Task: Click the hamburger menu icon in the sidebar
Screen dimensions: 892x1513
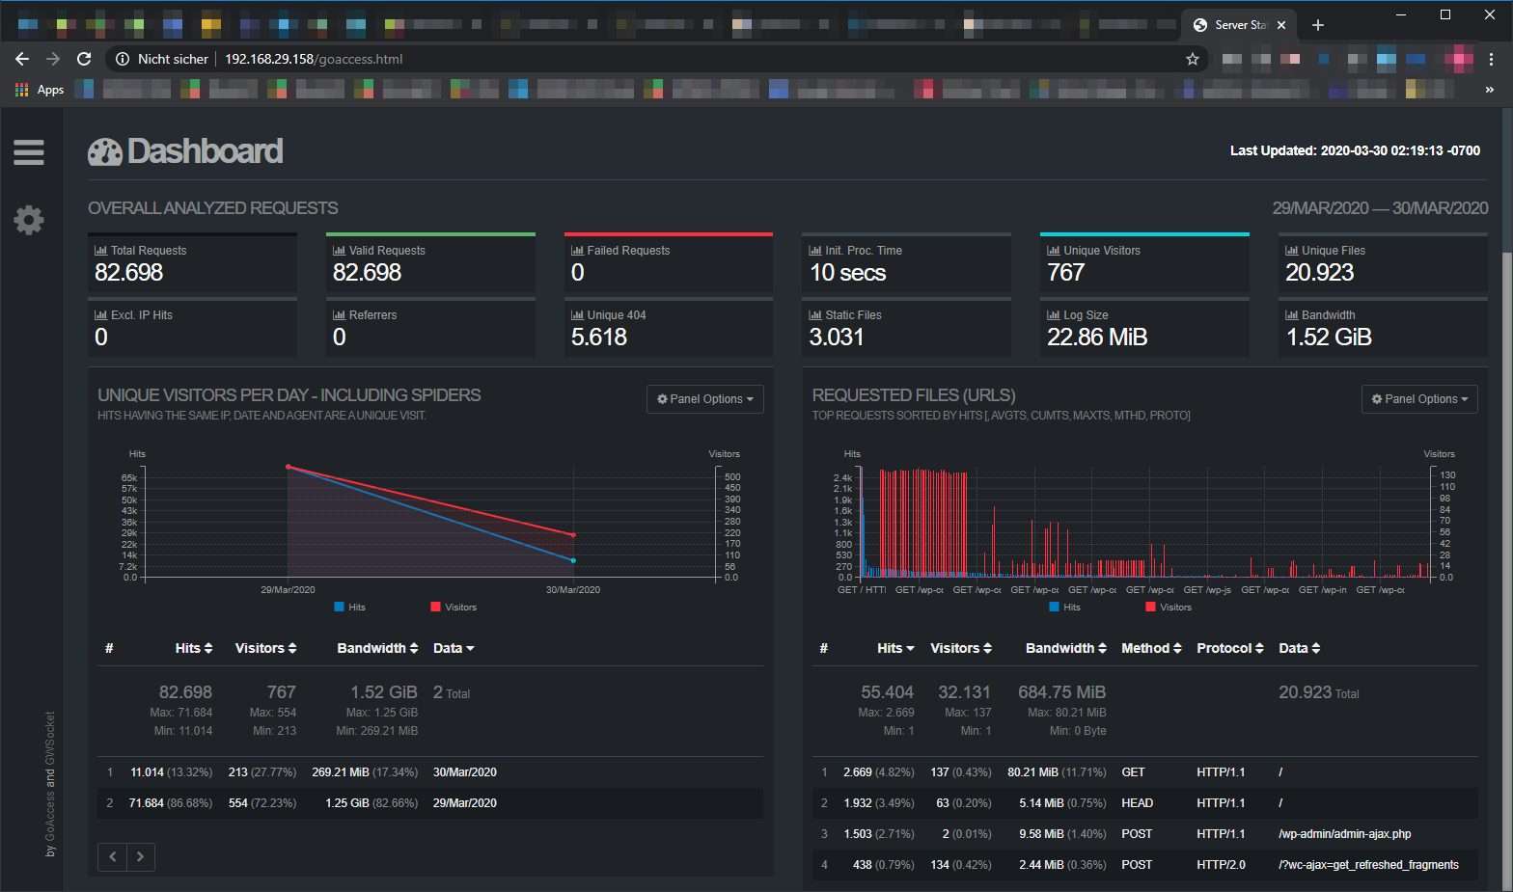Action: point(29,152)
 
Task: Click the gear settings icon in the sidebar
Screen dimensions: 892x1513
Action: point(29,220)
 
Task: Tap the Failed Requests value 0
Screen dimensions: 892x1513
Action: point(577,273)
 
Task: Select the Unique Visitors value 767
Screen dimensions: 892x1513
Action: point(1066,273)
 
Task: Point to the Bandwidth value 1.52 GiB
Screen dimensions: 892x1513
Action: point(1329,338)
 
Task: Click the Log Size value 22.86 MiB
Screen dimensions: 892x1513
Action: point(1097,338)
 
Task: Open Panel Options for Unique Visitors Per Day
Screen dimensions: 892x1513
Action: point(705,399)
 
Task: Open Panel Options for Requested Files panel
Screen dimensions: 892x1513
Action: point(1419,399)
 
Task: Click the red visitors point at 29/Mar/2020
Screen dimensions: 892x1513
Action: point(288,467)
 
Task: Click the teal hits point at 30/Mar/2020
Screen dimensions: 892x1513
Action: point(573,560)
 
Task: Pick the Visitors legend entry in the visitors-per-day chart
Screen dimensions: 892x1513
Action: point(454,608)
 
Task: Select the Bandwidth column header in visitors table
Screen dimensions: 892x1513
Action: point(377,649)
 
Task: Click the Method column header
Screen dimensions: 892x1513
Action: point(1151,649)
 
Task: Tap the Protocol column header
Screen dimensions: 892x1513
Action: point(1229,649)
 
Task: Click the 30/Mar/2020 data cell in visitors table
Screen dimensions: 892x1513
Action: point(465,772)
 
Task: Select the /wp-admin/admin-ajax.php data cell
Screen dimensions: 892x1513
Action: point(1344,834)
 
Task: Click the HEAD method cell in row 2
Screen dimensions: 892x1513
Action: point(1137,803)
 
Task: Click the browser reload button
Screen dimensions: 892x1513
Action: point(84,59)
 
